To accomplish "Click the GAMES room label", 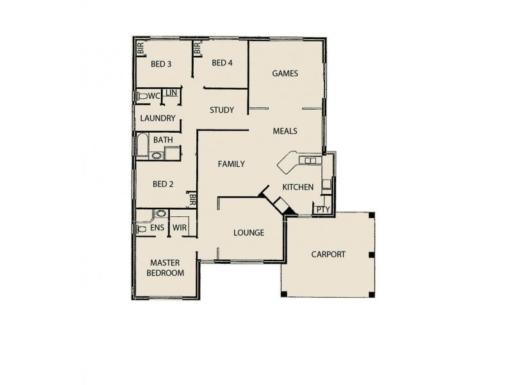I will (x=285, y=73).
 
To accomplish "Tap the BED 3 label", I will (x=161, y=64).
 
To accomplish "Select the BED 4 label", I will (x=222, y=63).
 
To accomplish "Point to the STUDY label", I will (x=222, y=110).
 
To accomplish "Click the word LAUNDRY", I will (x=158, y=119).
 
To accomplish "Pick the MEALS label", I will (x=285, y=131).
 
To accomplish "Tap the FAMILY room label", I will (x=231, y=164).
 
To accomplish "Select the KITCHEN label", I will (x=298, y=187).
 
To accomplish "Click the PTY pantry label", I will (x=322, y=209).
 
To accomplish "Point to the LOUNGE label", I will (x=249, y=233).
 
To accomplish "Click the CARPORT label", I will (x=328, y=255).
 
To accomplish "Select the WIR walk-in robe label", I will (x=179, y=228).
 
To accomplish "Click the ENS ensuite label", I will (x=157, y=228).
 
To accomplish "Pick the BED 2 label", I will (x=163, y=184).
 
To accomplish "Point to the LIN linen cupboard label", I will (x=171, y=93).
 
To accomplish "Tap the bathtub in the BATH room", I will (x=141, y=146).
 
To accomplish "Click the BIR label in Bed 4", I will (x=197, y=48).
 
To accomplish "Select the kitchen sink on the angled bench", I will (x=310, y=160).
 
